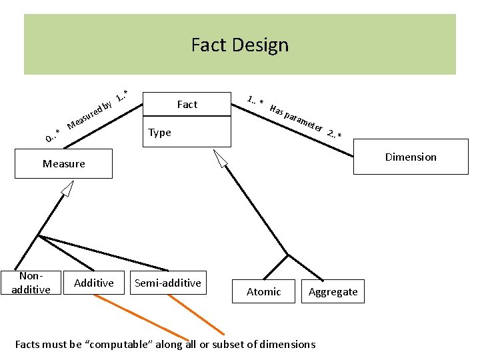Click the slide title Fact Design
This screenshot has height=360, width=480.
tap(240, 45)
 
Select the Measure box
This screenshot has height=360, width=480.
tap(64, 163)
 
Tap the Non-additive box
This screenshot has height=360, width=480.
tap(31, 283)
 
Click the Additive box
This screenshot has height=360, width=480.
tap(94, 283)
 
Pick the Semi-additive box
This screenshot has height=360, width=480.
tap(167, 283)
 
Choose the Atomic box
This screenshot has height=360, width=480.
tap(263, 291)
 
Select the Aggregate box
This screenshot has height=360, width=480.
tap(333, 291)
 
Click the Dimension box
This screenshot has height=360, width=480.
tap(411, 157)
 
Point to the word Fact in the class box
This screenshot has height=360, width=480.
tap(187, 104)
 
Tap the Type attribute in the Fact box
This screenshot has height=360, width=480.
tap(160, 132)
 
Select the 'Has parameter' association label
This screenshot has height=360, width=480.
tap(297, 117)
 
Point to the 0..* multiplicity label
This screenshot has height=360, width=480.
tap(53, 135)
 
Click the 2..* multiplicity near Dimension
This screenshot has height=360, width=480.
tap(335, 134)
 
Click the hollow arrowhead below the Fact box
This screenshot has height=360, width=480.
tap(221, 158)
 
